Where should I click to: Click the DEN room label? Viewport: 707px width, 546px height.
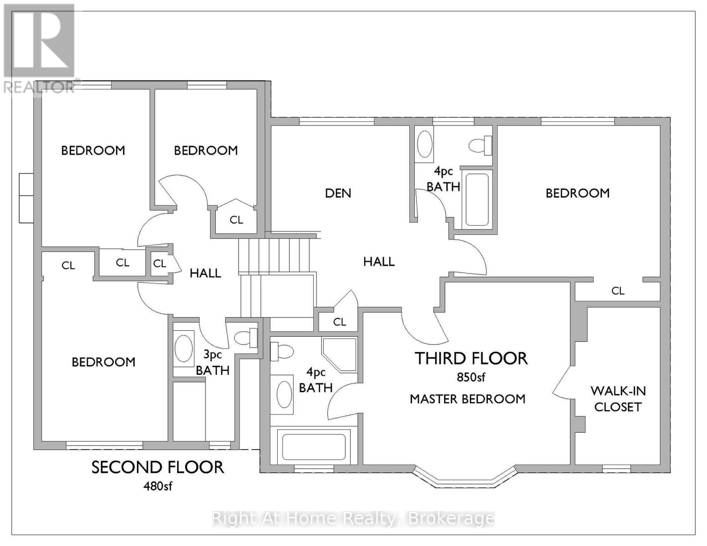pos(338,193)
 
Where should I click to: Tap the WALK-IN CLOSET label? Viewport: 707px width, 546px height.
pos(618,399)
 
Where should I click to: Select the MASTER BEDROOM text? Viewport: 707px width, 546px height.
pos(468,399)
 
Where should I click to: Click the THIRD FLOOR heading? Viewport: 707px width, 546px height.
pos(471,359)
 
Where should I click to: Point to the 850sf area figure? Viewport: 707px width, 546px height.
pos(471,377)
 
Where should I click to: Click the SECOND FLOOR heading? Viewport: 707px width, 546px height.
pos(158,467)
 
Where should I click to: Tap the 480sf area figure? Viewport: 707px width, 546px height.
pos(158,486)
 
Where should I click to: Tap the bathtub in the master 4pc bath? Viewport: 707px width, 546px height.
pos(314,446)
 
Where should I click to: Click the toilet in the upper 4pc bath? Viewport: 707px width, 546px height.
pos(480,145)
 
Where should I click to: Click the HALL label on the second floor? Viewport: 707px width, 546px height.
pos(205,273)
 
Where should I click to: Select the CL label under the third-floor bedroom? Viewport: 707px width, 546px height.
pos(618,291)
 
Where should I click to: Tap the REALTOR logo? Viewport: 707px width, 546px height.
pos(39,48)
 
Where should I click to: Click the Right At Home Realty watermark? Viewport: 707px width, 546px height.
pos(353,518)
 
